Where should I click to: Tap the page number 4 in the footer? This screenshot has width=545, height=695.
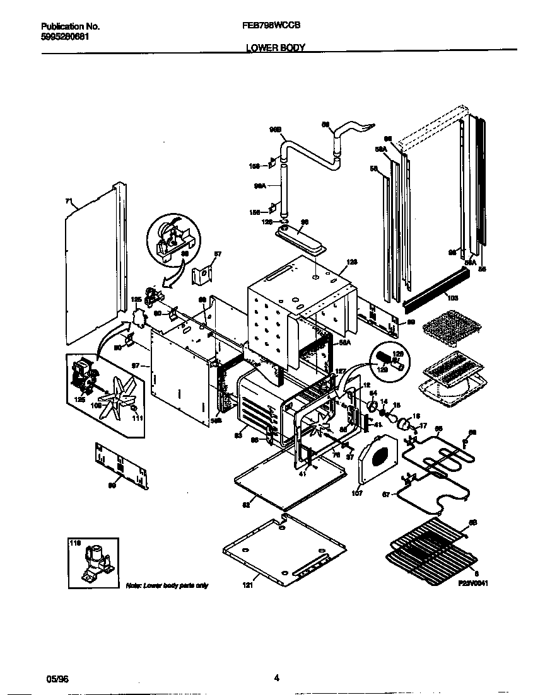coord(276,678)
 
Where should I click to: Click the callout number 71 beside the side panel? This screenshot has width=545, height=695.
coord(69,202)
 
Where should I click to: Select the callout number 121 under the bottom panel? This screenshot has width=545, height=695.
coord(247,585)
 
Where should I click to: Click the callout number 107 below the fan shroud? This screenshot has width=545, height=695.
coord(358,493)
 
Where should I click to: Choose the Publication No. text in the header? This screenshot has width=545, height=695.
coord(71,26)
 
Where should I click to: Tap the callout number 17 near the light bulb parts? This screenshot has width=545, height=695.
coord(423,425)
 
